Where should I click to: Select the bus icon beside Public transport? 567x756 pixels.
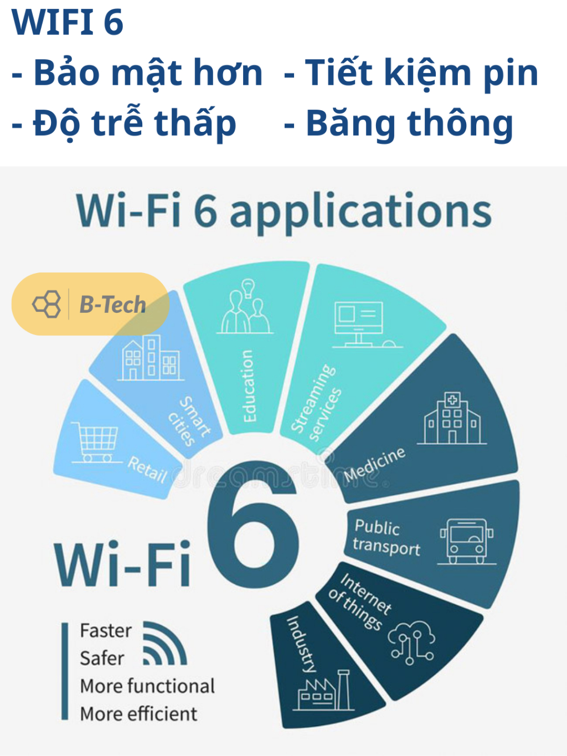pyautogui.click(x=467, y=541)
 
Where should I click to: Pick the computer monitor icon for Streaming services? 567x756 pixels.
pyautogui.click(x=367, y=325)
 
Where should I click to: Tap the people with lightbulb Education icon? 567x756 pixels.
pyautogui.click(x=245, y=306)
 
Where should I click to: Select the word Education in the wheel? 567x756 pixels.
pyautogui.click(x=248, y=385)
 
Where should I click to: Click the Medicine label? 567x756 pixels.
pyautogui.click(x=375, y=465)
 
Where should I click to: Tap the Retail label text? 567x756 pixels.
pyautogui.click(x=147, y=470)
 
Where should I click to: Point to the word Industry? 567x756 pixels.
pyautogui.click(x=302, y=644)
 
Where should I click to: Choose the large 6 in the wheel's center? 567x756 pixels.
pyautogui.click(x=253, y=523)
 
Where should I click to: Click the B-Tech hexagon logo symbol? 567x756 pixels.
pyautogui.click(x=47, y=304)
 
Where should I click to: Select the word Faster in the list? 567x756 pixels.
pyautogui.click(x=106, y=631)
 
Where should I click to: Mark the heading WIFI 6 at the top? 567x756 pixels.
pyautogui.click(x=68, y=22)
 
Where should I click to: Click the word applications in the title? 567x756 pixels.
pyautogui.click(x=360, y=211)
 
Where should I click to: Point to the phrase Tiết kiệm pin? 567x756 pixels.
pyautogui.click(x=421, y=73)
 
